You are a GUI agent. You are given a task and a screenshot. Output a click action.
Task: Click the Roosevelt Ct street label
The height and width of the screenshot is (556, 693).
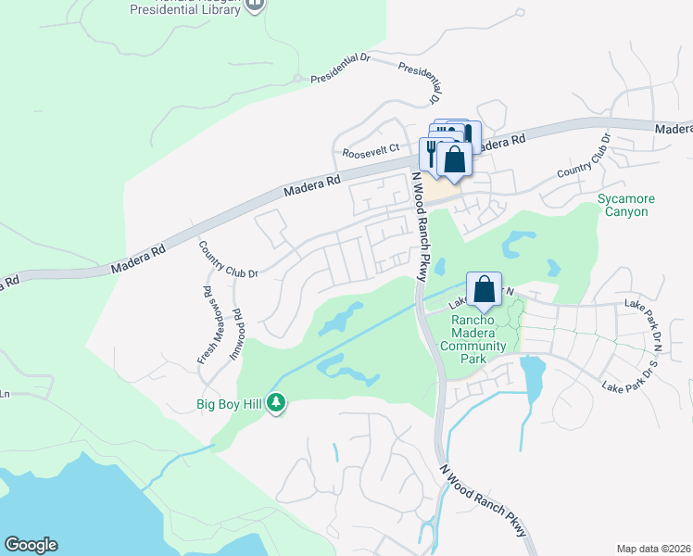370,148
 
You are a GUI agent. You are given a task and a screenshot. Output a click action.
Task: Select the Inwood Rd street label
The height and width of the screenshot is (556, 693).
238,327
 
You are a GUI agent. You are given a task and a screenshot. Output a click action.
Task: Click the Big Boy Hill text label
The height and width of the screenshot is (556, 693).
229,403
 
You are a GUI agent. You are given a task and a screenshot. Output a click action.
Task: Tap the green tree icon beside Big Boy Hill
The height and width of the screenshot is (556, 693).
276,403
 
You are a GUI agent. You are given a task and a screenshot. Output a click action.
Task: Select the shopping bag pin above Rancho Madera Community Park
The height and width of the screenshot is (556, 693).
485,290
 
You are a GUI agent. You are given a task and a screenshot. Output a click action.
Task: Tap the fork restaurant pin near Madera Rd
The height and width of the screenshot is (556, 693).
432,153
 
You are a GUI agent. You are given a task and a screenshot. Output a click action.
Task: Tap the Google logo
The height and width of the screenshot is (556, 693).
31,545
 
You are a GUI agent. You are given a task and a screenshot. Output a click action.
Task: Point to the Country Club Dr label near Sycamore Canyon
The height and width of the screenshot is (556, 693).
585,158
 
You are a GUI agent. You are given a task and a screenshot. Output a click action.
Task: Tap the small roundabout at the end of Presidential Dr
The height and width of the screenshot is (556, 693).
297,79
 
